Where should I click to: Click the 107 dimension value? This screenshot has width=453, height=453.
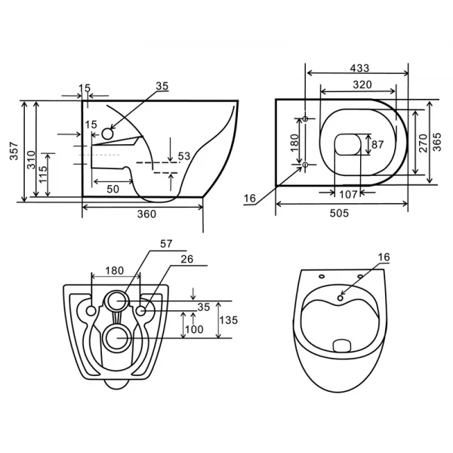347,194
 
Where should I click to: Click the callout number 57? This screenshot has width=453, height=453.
167,244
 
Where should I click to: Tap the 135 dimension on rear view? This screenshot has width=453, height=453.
229,320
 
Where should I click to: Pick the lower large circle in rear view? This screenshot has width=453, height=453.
116,337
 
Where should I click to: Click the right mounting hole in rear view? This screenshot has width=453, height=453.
141,310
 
